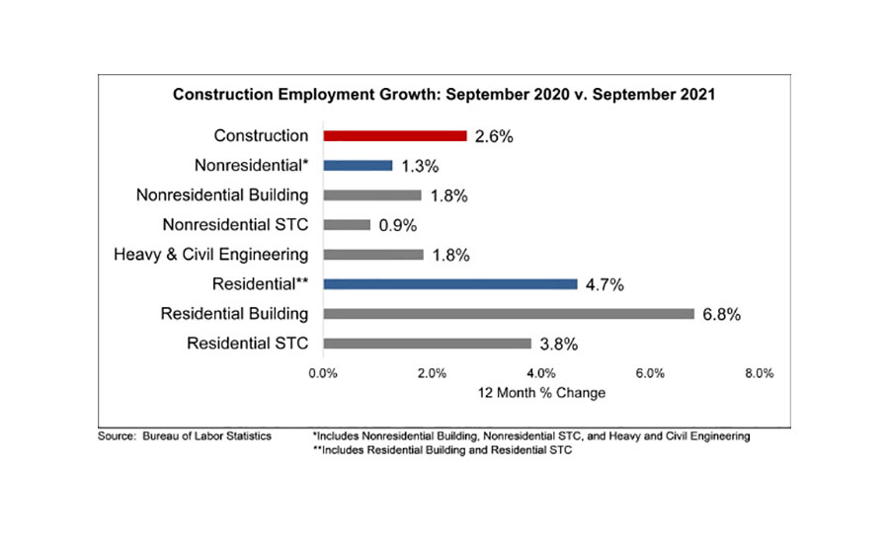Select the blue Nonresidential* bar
[x=358, y=166]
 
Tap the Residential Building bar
[x=508, y=314]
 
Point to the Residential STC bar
[x=427, y=344]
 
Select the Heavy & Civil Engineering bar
[x=372, y=255]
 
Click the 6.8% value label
[x=722, y=315]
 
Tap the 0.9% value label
[x=399, y=225]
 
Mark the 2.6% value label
[x=494, y=136]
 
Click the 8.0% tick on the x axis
[x=759, y=373]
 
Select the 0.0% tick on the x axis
[x=323, y=373]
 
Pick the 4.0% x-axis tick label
[x=541, y=373]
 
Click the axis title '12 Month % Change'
[x=541, y=393]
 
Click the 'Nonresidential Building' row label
[x=222, y=195]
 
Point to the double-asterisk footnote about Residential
[x=442, y=450]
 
